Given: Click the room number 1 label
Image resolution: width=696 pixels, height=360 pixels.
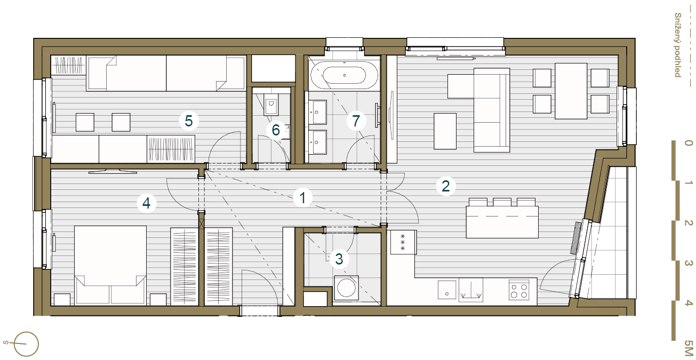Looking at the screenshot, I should (302, 198).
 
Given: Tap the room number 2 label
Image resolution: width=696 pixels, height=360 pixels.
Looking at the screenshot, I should (446, 186).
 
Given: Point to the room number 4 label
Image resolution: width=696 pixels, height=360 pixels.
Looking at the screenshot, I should (147, 203).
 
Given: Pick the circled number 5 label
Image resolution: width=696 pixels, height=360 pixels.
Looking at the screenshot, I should (189, 121).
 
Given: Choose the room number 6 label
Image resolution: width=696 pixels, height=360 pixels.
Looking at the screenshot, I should (276, 130).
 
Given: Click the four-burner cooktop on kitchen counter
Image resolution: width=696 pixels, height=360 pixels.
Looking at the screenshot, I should (518, 289).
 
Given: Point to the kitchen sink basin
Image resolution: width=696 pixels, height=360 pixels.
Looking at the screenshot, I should (446, 290).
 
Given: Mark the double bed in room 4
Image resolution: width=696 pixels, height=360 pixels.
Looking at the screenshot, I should (110, 264).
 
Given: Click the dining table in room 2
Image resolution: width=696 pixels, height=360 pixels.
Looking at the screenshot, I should (571, 91).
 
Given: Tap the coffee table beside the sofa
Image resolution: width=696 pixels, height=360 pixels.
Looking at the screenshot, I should (445, 131).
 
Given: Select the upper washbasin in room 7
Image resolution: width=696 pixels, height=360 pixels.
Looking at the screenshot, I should (318, 112).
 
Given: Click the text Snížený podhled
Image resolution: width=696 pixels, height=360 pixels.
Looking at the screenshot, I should (677, 45).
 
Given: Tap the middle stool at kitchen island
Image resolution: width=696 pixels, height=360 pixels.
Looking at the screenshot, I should (502, 202).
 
